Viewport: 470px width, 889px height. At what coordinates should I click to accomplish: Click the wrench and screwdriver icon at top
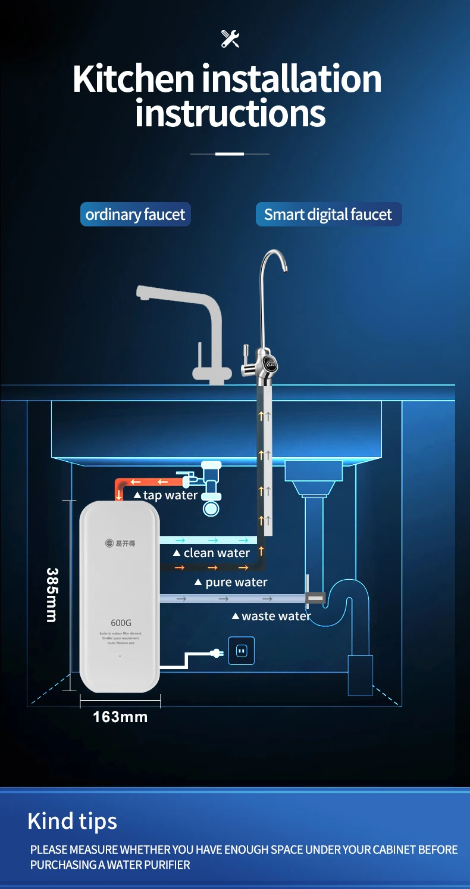tap(230, 38)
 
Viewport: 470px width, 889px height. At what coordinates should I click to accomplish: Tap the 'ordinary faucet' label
tap(135, 215)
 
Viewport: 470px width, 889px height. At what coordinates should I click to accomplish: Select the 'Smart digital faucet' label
tap(328, 215)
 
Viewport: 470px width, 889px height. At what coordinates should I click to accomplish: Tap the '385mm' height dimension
tap(52, 595)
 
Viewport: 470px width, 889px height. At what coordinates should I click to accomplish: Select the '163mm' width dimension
tap(120, 717)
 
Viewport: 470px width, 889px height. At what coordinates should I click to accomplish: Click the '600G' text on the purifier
tap(121, 623)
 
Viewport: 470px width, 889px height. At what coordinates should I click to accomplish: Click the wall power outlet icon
tap(241, 651)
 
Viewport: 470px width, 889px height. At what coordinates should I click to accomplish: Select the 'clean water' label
tap(212, 553)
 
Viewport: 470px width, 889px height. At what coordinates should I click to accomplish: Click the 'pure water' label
tap(231, 582)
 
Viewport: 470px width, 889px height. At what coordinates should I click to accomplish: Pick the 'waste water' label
tap(271, 616)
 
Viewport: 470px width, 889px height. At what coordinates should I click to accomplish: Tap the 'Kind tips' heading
tap(72, 821)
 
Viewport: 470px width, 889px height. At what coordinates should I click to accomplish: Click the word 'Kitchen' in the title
tap(134, 79)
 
